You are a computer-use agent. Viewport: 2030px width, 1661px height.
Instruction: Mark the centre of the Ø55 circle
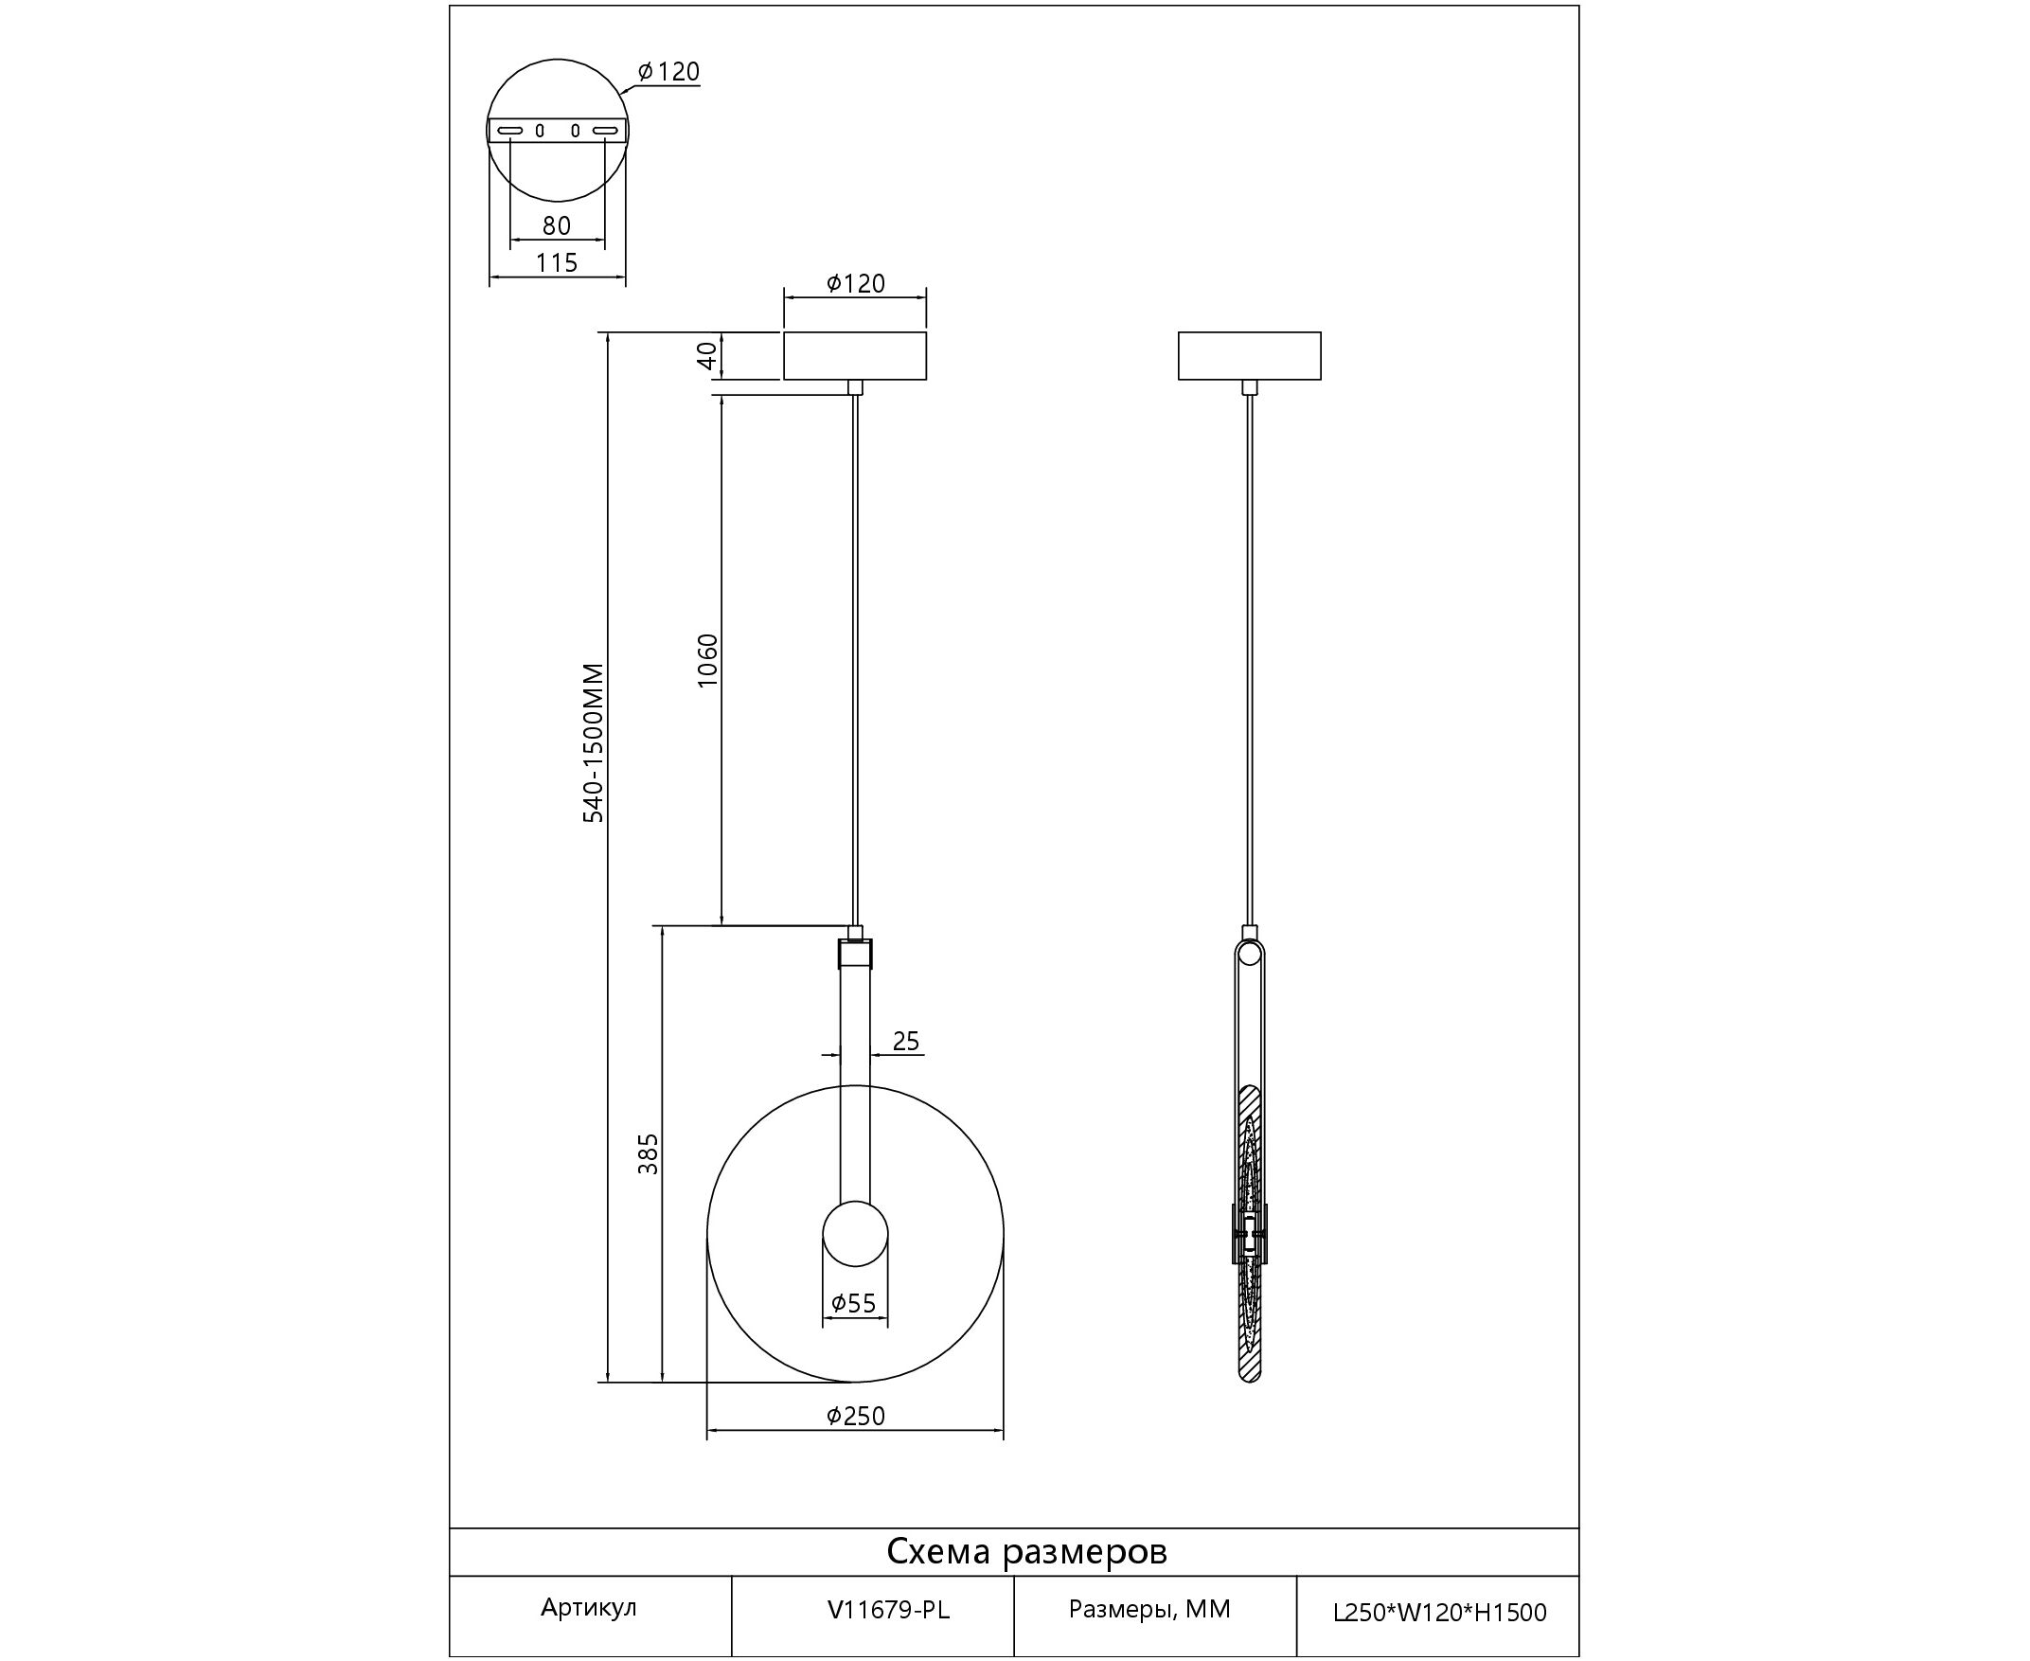click(x=855, y=1233)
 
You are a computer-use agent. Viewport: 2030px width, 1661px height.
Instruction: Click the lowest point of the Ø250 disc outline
click(x=855, y=1382)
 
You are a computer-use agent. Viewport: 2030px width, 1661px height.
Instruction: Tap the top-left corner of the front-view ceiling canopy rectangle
click(x=785, y=332)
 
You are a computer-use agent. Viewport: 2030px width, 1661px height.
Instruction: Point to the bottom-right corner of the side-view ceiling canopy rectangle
click(x=1321, y=380)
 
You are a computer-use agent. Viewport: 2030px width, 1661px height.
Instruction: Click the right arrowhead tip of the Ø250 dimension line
click(x=1004, y=1432)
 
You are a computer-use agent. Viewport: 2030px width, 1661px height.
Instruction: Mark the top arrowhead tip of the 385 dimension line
click(x=661, y=926)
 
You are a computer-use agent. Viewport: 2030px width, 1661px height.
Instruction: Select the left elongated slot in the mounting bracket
click(x=510, y=130)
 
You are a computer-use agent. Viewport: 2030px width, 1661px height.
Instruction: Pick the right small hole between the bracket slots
click(x=575, y=130)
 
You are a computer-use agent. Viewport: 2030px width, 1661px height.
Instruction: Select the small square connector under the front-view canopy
click(x=855, y=386)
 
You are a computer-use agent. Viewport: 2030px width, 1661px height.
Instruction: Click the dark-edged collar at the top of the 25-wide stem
click(x=855, y=954)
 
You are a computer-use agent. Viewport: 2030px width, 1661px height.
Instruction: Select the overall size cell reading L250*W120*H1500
click(x=1440, y=1613)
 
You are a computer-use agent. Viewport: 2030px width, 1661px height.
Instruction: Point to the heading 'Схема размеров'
click(x=1026, y=1551)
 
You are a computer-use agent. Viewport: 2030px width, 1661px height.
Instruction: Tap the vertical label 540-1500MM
click(x=594, y=742)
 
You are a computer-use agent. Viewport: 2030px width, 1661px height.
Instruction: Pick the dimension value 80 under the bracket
click(x=557, y=225)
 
